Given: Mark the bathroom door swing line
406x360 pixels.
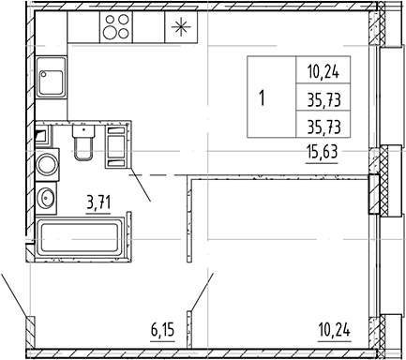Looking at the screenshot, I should (141, 188).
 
